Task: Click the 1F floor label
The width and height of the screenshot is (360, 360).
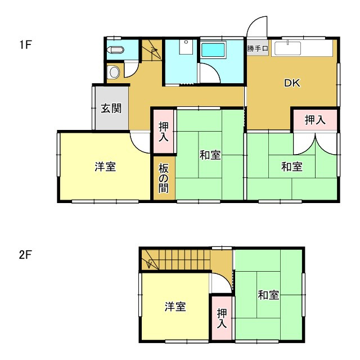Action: click(25, 44)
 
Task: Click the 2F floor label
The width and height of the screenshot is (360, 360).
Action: click(25, 255)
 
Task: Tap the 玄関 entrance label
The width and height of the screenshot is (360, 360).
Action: click(111, 108)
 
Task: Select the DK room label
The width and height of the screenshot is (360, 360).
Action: click(292, 84)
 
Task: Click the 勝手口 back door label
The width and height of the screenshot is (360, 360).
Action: click(258, 48)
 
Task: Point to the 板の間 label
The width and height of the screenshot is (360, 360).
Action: click(163, 178)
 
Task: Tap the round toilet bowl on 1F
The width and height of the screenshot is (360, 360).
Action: click(114, 72)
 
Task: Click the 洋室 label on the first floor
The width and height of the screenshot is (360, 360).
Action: click(105, 167)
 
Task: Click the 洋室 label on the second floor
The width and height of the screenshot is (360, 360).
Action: click(175, 307)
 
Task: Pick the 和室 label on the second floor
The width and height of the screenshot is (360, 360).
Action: click(269, 295)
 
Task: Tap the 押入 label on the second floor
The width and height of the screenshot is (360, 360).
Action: click(223, 318)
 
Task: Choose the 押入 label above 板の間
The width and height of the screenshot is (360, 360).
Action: click(163, 131)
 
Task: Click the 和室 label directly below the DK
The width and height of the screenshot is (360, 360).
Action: click(292, 167)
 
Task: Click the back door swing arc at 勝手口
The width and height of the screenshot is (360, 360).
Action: click(258, 25)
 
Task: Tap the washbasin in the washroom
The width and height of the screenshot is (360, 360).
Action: click(186, 47)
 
